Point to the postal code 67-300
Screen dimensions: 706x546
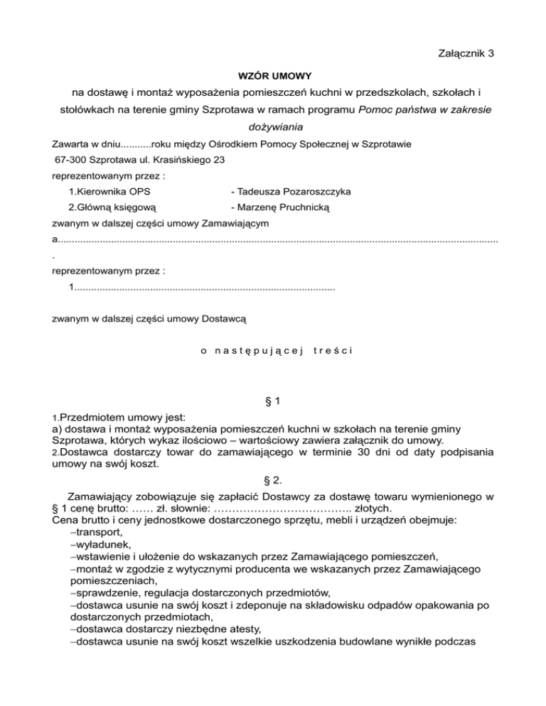(69, 161)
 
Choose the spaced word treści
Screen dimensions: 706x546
(333, 349)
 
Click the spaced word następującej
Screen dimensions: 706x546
(258, 349)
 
